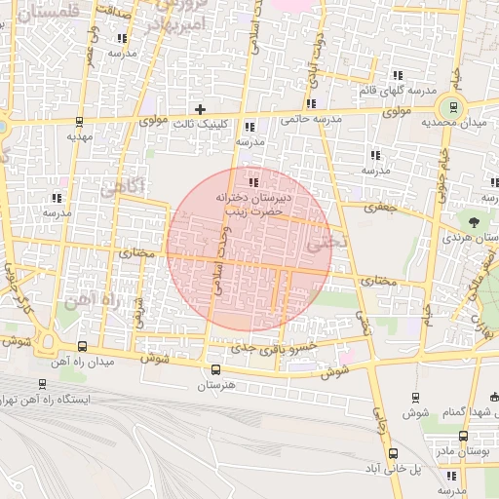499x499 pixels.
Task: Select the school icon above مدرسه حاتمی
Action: coord(311,103)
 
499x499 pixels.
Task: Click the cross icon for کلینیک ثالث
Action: coord(201,109)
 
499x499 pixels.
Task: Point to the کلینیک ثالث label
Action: coord(200,125)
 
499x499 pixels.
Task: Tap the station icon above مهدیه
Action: coord(79,123)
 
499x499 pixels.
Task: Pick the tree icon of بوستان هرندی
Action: coord(476,222)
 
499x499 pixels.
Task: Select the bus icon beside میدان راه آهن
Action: coord(81,346)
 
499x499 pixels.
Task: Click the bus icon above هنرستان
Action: coord(215,369)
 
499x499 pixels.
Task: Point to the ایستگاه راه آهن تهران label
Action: coord(62,400)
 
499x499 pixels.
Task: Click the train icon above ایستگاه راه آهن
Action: coord(41,384)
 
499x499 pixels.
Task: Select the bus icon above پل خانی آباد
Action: coord(393,453)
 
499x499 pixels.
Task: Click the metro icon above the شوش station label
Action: coord(415,397)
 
